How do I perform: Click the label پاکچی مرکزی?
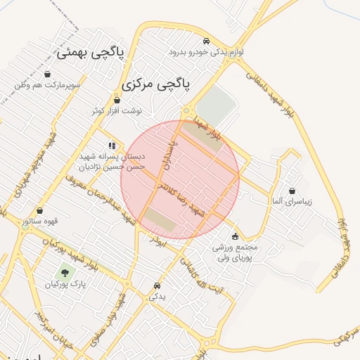155,84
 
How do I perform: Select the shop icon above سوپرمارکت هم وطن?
47,75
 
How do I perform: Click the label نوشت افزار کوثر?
117,111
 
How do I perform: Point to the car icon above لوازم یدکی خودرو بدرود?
205,41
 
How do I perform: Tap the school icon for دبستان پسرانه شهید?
112,146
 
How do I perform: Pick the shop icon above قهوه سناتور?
39,210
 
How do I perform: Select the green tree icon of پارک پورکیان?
65,271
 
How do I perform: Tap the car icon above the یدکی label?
157,286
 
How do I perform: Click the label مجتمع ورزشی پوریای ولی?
234,252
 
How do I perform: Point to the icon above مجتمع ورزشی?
234,236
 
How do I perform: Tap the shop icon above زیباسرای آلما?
292,191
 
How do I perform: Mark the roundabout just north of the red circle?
187,110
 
